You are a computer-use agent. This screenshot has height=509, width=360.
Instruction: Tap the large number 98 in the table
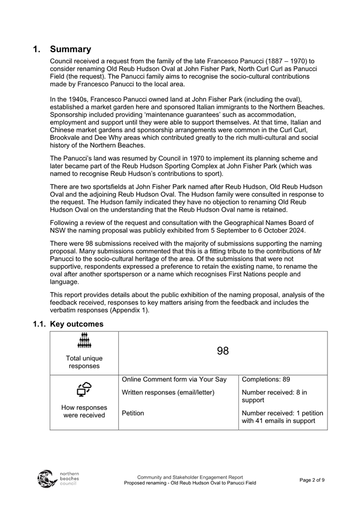click(x=223, y=351)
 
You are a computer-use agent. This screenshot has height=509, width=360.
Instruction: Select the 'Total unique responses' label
click(x=84, y=362)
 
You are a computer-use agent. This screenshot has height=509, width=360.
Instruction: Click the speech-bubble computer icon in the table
click(x=84, y=390)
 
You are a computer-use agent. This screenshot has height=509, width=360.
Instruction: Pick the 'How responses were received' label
click(x=84, y=411)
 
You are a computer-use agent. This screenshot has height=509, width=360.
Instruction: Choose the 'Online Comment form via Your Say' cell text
click(x=174, y=379)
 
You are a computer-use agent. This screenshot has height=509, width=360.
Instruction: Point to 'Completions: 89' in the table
click(x=266, y=379)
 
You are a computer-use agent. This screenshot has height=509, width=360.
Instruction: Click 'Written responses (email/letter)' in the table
click(x=168, y=393)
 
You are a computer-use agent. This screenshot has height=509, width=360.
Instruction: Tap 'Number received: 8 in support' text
click(x=274, y=396)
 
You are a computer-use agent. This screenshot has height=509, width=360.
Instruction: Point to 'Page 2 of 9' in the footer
click(x=312, y=480)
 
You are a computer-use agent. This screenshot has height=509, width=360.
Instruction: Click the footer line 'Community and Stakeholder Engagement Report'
click(x=190, y=477)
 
